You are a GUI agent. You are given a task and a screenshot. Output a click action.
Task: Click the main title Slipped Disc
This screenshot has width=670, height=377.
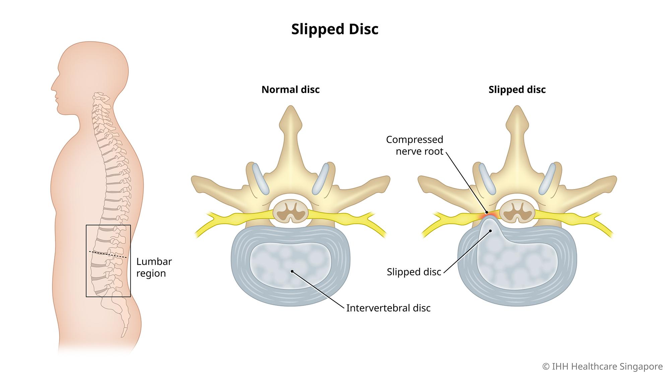coord(335,29)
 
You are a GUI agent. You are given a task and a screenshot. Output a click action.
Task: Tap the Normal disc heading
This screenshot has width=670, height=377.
coord(290,90)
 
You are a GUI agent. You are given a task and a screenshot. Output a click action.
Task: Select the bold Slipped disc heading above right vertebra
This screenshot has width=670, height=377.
coord(517,90)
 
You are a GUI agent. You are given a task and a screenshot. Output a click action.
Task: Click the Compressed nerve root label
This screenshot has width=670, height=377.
coord(414,145)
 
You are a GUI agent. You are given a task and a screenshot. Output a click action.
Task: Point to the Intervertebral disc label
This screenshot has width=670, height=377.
coord(388,308)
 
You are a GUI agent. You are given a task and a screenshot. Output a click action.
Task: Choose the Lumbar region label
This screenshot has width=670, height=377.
coord(154,267)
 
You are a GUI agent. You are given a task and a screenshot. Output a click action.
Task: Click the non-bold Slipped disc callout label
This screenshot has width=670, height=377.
coord(414,272)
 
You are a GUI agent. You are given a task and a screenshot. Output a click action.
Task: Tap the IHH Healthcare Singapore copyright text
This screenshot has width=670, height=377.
coord(602,367)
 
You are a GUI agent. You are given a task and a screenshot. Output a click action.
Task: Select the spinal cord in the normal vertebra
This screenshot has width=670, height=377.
coord(290,211)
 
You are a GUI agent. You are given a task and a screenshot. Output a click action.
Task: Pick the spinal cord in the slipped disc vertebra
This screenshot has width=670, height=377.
coord(517,211)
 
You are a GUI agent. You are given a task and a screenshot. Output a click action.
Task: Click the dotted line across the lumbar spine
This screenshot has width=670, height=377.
coord(108,254)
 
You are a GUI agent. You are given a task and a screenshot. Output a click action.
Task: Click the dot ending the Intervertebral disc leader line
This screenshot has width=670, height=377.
coord(292,271)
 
